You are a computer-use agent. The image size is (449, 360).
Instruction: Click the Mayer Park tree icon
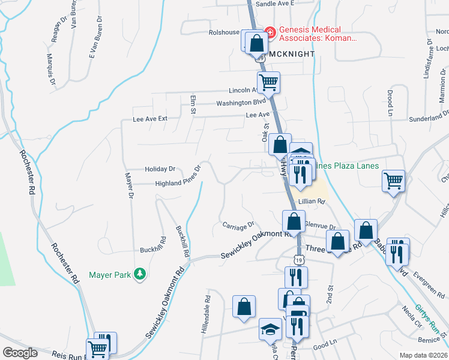coord(140,274)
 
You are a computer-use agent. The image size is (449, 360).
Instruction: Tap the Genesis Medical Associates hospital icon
coord(270,32)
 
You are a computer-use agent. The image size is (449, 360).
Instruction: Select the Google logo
coord(20,352)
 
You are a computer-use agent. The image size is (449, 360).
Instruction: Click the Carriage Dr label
coord(239,226)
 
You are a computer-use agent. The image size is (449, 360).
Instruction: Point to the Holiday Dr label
coord(160,169)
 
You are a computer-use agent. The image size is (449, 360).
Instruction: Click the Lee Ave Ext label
coord(150,119)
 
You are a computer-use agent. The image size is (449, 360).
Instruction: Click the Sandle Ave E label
coord(276,3)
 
